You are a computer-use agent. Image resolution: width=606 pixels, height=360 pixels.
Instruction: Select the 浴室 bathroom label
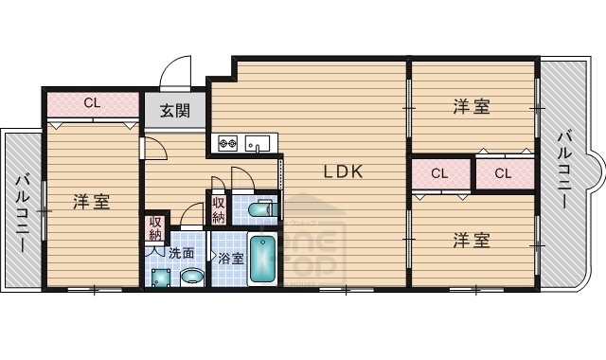(x=231, y=257)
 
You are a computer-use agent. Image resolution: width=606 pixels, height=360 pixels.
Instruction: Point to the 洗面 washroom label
(x=182, y=253)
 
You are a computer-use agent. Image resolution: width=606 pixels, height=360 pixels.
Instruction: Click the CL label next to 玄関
(x=92, y=102)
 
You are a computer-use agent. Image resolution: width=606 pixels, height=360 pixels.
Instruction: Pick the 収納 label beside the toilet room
(x=219, y=208)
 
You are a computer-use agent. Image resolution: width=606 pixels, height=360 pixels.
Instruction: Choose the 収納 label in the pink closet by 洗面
(x=154, y=229)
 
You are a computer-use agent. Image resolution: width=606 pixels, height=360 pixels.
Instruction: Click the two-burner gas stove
(x=229, y=144)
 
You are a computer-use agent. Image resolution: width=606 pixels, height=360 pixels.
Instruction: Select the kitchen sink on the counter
(x=258, y=144)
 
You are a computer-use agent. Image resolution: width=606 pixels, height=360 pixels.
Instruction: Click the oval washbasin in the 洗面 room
(x=192, y=277)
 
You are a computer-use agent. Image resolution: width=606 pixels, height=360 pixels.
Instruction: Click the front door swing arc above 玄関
(x=176, y=74)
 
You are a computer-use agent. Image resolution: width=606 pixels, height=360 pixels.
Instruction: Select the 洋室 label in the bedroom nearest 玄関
(x=92, y=201)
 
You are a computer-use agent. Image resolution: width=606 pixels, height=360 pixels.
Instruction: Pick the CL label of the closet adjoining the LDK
(x=438, y=173)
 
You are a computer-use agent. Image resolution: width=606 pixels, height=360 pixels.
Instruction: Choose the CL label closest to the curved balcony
(x=502, y=173)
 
